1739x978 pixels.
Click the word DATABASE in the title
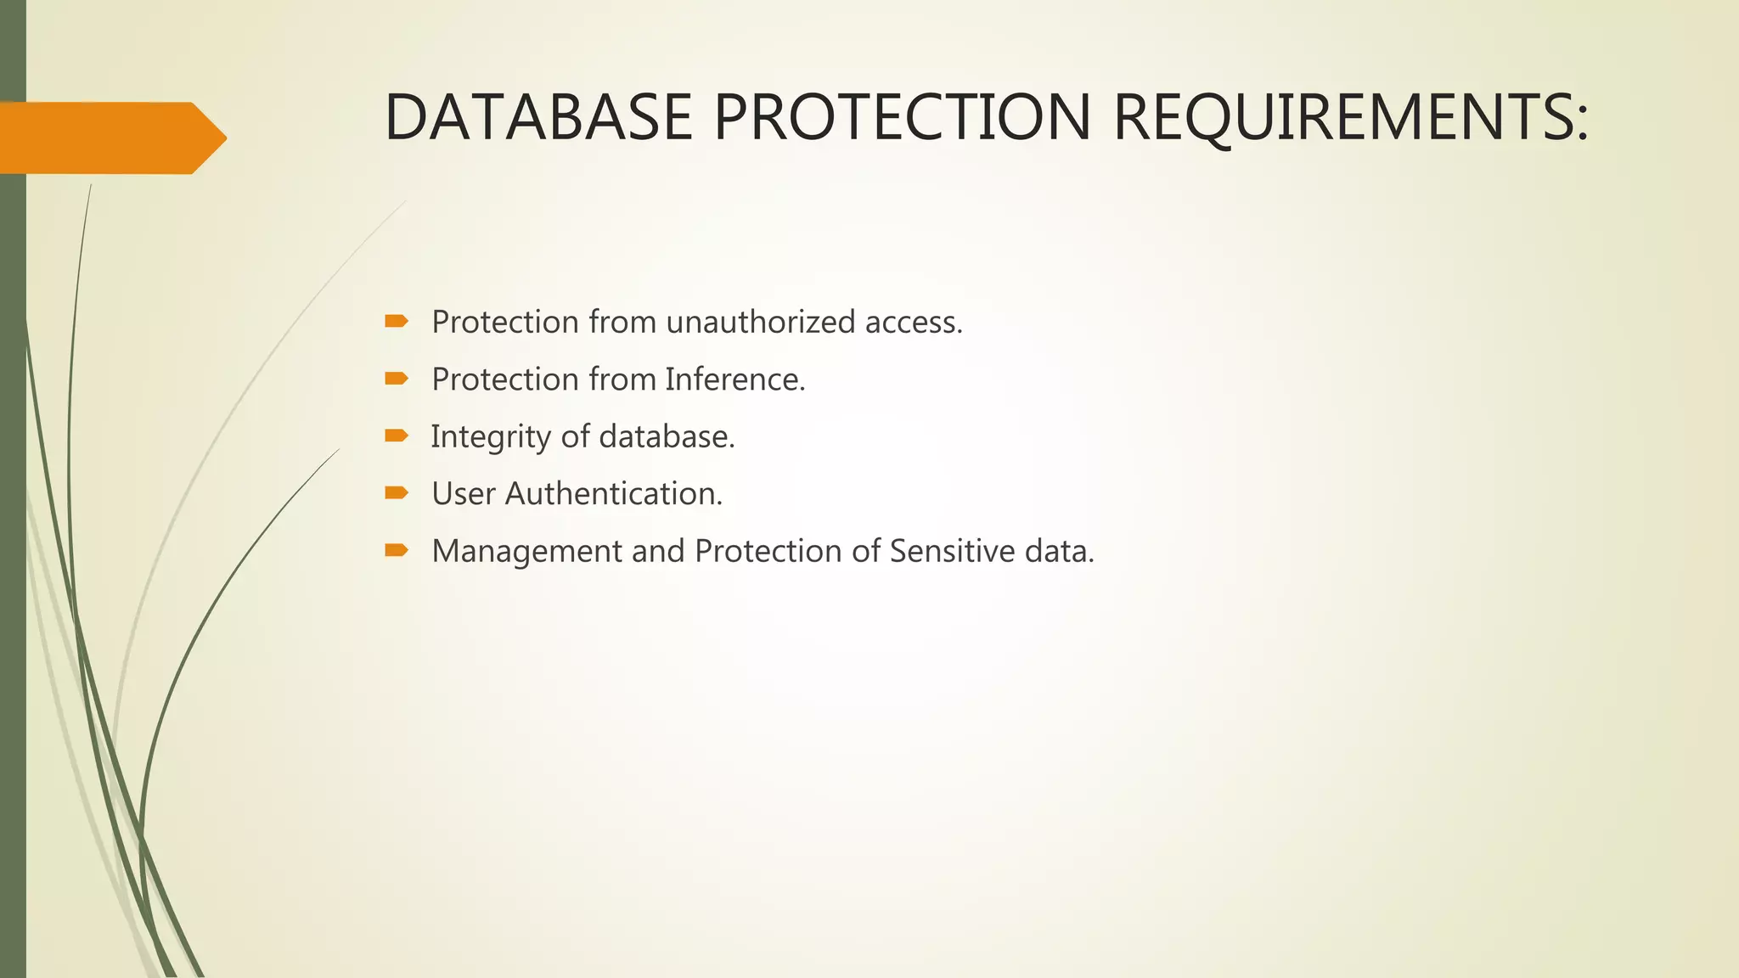tap(538, 117)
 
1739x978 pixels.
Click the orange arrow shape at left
tap(110, 138)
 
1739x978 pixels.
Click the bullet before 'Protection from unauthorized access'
tap(397, 321)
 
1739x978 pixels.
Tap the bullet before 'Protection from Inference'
tap(397, 379)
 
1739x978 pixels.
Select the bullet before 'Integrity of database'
tap(397, 436)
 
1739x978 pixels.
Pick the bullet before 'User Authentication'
tap(397, 493)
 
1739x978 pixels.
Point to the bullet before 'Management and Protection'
tap(397, 551)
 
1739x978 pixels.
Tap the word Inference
tap(734, 379)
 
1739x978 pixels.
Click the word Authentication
tap(613, 494)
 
